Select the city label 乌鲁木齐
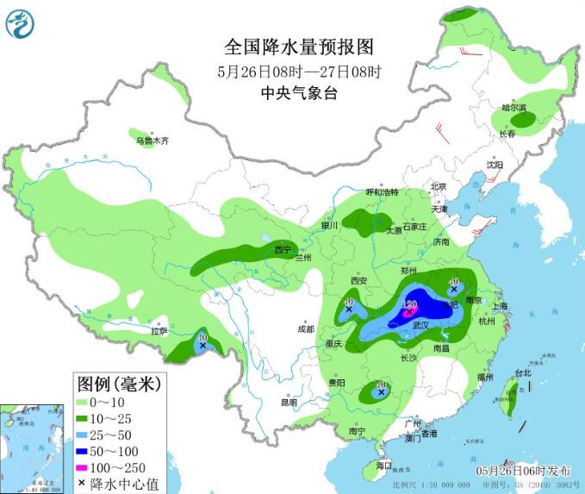click(152, 140)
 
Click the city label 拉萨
click(159, 330)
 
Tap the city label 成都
click(307, 328)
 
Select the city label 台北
click(522, 373)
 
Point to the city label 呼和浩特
click(383, 191)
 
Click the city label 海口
click(383, 466)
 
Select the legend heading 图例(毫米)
click(119, 382)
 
